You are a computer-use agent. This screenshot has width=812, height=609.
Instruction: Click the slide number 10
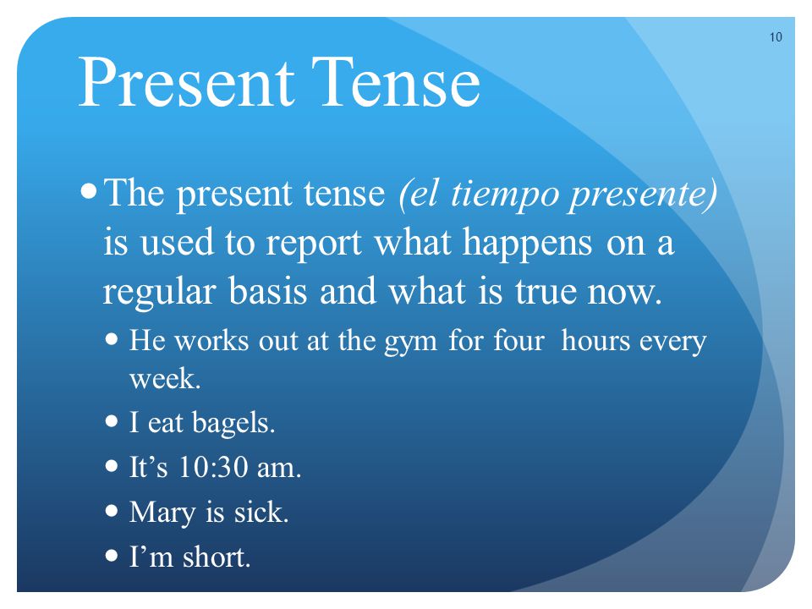(776, 37)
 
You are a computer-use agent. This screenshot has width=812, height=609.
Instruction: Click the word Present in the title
(187, 82)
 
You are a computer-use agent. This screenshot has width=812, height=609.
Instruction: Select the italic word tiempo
(505, 195)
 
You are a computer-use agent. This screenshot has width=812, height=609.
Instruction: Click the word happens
(527, 244)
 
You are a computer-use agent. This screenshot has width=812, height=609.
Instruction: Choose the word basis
(268, 291)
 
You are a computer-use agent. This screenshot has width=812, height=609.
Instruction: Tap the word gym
(411, 343)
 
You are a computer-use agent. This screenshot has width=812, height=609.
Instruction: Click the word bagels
(233, 424)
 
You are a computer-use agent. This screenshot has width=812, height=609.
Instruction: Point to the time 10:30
(212, 467)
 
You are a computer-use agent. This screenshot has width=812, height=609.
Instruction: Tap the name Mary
(162, 513)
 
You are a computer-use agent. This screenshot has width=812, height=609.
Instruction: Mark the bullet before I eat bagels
(112, 421)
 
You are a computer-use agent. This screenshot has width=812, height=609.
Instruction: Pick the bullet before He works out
(112, 340)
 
